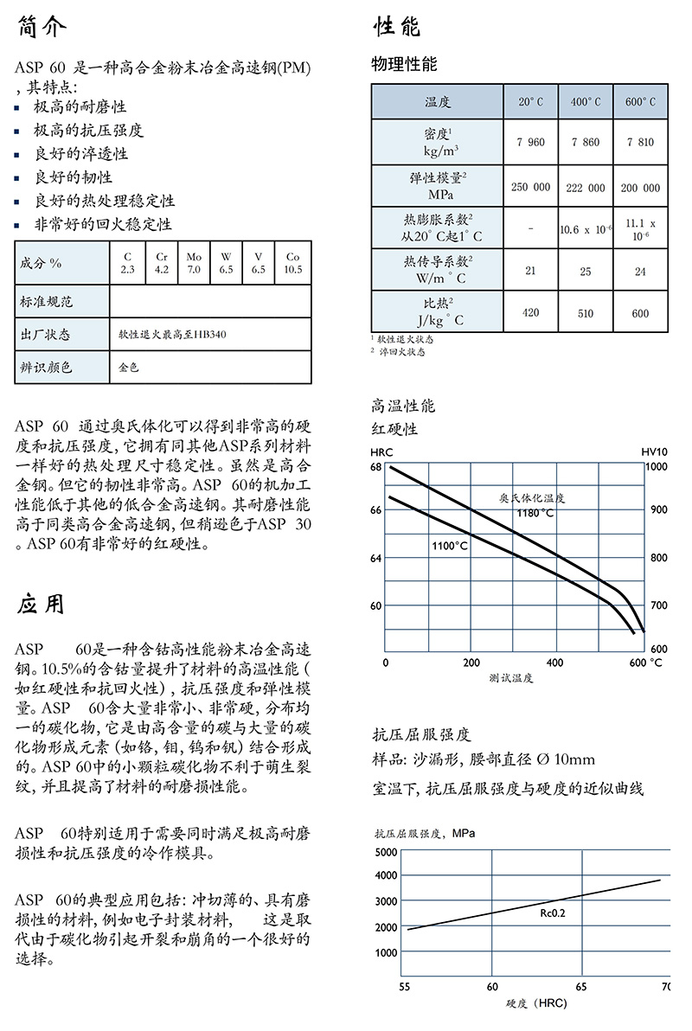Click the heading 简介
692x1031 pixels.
41,28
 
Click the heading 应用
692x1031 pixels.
41,604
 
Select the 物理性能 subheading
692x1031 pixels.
404,64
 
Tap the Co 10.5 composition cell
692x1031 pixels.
293,263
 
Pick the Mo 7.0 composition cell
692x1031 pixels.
194,263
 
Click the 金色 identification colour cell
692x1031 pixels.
128,367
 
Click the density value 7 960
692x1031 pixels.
530,142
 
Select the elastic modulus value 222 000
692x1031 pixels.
586,187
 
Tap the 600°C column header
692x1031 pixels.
640,102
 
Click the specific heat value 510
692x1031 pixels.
586,313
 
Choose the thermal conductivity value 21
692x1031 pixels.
530,271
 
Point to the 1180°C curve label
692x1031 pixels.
535,513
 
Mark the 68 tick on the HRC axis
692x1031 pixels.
375,467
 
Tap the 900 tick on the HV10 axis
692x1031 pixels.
658,510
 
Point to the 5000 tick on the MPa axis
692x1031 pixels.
386,852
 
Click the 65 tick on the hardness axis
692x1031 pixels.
581,986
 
